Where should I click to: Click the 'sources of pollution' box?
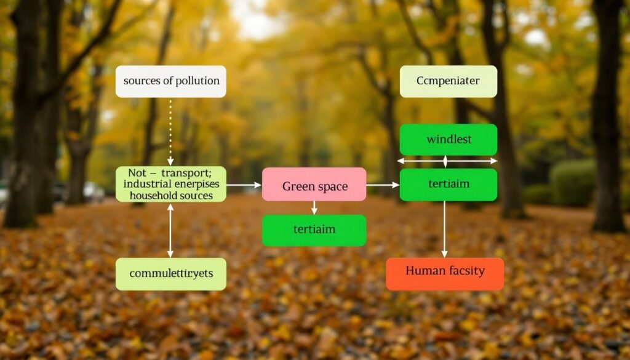[x=170, y=81]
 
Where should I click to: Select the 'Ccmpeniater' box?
[x=448, y=81]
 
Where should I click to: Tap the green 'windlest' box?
[x=448, y=139]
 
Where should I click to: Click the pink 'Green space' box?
[x=314, y=185]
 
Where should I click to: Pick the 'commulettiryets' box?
[x=170, y=274]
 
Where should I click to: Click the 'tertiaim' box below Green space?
[x=314, y=230]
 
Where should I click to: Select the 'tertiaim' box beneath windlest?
[x=448, y=185]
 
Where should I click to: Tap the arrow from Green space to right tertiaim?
[x=383, y=185]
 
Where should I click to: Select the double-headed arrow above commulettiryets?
[x=170, y=230]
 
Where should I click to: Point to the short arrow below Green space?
[x=314, y=208]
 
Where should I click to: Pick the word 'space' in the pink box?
[x=332, y=186]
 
